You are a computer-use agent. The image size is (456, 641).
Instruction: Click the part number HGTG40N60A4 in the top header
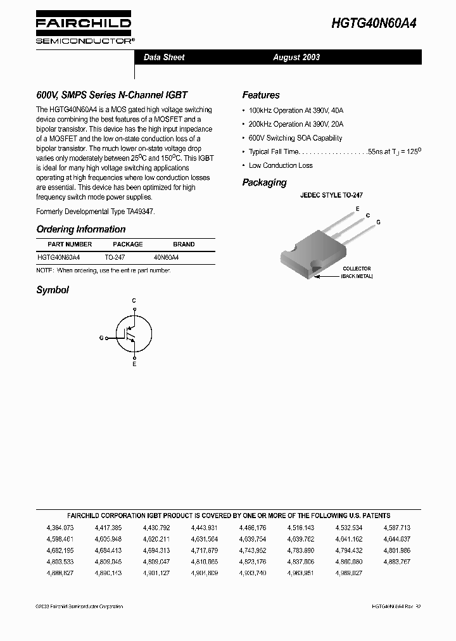tap(374, 23)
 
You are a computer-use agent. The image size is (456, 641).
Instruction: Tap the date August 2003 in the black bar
tap(296, 57)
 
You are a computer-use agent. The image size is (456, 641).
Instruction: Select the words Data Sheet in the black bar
tap(164, 57)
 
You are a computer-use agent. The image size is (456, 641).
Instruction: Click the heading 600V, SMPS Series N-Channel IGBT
tap(112, 95)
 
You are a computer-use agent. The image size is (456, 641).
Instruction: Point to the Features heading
tap(261, 95)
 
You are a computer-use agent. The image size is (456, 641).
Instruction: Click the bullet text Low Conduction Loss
tap(281, 165)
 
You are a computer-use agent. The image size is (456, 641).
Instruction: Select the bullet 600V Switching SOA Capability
tap(295, 137)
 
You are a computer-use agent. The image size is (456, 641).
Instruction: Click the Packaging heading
tap(264, 182)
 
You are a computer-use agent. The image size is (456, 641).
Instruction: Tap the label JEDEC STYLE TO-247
tap(331, 196)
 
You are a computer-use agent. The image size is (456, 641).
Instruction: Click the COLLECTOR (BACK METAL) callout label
tap(357, 272)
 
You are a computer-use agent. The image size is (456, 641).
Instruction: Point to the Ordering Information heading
tap(81, 229)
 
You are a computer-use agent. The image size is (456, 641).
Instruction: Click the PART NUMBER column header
tap(70, 244)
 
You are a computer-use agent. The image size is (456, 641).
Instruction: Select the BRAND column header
tap(184, 244)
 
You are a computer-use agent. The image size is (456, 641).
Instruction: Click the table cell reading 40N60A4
tap(167, 258)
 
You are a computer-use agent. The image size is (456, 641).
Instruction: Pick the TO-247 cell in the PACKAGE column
tap(115, 258)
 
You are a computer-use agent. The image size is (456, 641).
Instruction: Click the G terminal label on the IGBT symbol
tap(101, 338)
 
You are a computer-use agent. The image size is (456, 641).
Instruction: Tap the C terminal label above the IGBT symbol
tap(134, 300)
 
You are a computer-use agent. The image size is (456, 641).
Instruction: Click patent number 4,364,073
tap(60, 527)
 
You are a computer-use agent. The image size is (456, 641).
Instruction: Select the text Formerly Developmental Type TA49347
tap(96, 212)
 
